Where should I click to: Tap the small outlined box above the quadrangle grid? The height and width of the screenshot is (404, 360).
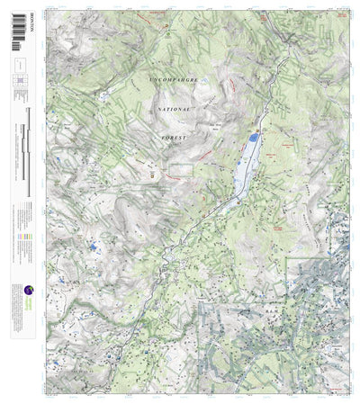[19, 65]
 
